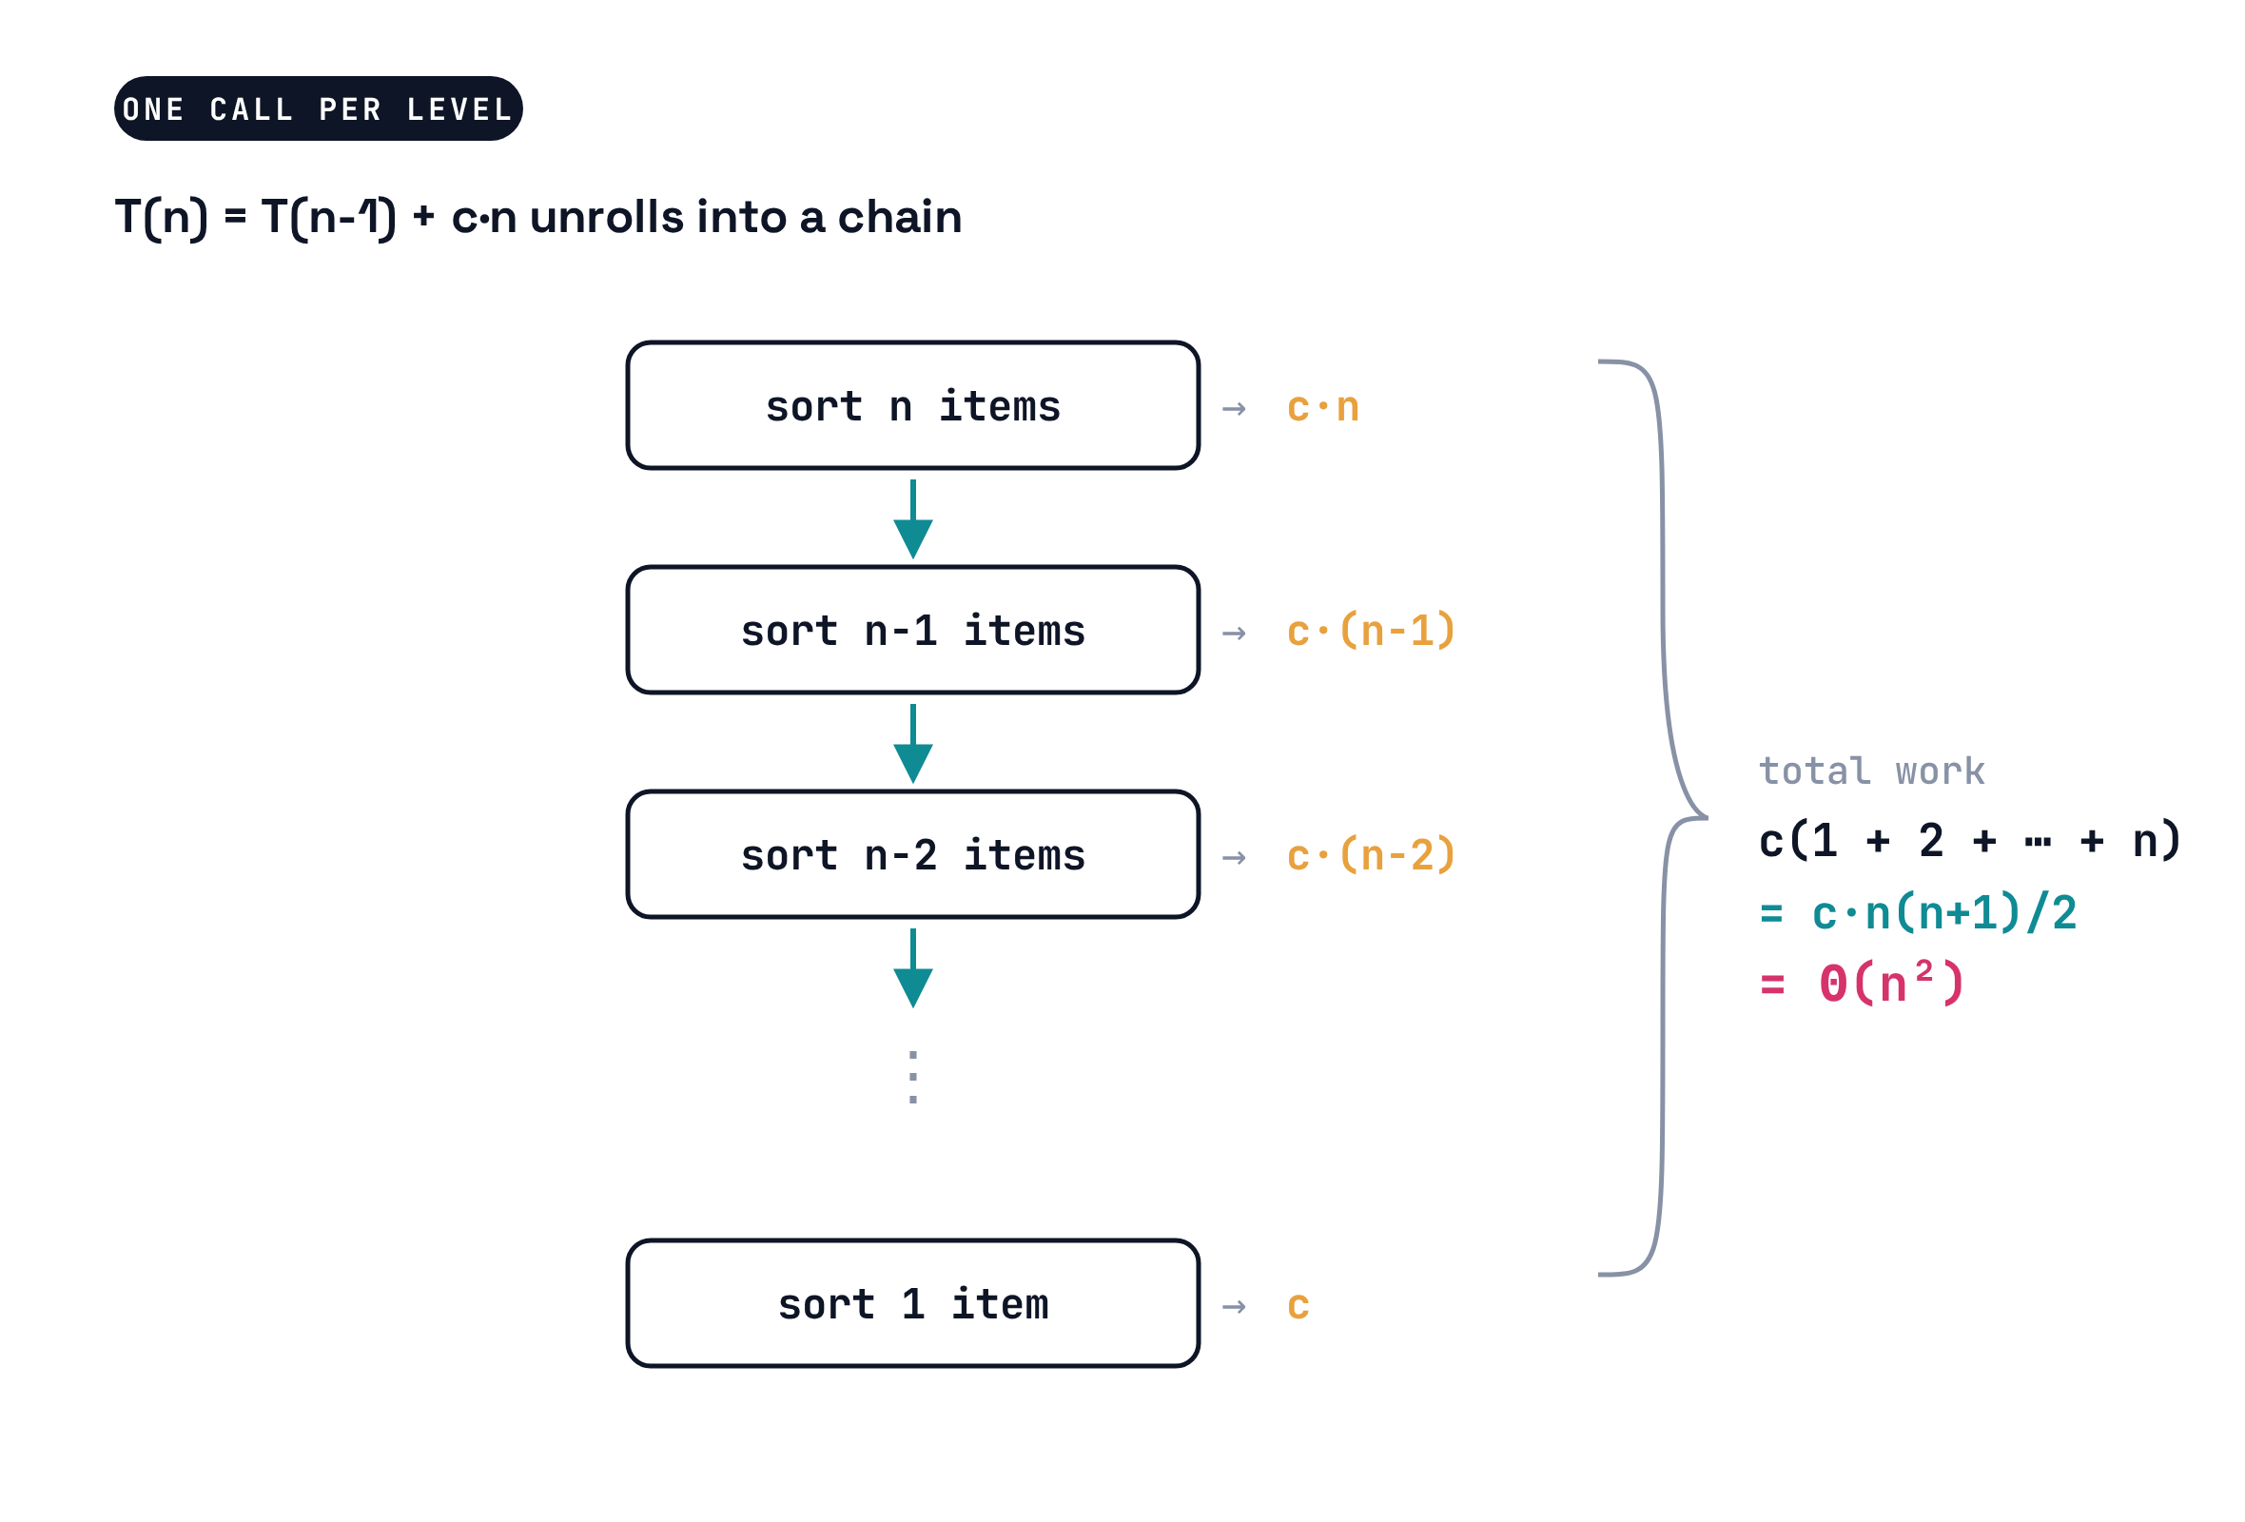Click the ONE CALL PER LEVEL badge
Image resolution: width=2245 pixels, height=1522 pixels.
tap(318, 108)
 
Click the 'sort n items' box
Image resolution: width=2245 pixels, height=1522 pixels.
tap(913, 405)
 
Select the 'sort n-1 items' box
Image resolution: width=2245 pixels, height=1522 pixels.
tap(913, 630)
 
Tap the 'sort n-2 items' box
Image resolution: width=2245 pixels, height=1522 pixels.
tap(913, 854)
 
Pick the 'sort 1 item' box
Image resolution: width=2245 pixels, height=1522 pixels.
tap(913, 1304)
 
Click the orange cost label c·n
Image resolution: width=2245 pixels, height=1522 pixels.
tap(1322, 406)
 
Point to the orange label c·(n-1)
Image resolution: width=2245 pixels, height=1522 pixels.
tap(1371, 631)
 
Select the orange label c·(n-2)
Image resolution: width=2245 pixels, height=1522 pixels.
tap(1371, 855)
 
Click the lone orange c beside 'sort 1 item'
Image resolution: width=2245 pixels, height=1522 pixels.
tap(1298, 1306)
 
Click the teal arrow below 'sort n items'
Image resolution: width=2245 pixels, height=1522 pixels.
tap(913, 518)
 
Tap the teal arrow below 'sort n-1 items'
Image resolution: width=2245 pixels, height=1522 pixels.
tap(913, 744)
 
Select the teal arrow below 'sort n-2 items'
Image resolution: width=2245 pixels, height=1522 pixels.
tap(913, 967)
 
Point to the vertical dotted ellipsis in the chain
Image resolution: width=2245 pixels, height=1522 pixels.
tap(913, 1077)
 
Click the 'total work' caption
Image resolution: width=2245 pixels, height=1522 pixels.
tap(1871, 771)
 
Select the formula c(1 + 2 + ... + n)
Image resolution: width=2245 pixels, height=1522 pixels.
tap(1970, 840)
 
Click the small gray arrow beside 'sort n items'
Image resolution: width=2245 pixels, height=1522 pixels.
tap(1234, 408)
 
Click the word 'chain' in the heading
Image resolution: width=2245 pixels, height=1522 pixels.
tap(899, 216)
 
